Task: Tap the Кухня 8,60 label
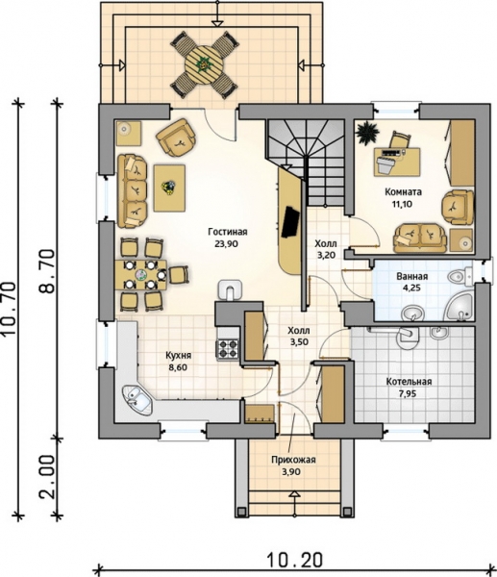point(178,362)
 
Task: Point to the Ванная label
point(412,276)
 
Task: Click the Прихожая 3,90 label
point(293,465)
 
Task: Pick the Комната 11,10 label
point(403,197)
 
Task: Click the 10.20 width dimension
point(294,561)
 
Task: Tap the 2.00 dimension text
point(49,478)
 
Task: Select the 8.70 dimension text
point(47,271)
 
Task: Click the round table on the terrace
point(204,64)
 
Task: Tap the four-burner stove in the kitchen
point(228,349)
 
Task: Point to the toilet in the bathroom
point(460,276)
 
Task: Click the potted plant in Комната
point(367,132)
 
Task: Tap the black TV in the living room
point(290,222)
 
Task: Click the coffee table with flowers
point(169,188)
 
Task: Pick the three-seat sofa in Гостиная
point(132,190)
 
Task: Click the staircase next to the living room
point(306,163)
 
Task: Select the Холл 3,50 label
point(299,337)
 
